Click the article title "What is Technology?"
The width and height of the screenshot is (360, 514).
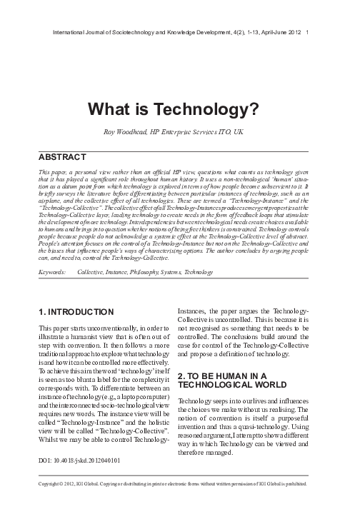[179, 108]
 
